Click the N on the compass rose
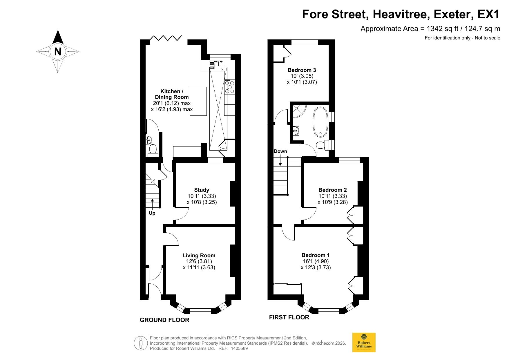[x=58, y=51]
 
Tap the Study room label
[x=202, y=190]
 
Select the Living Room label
[x=199, y=255]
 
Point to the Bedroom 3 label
[x=302, y=70]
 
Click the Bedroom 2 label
[x=333, y=190]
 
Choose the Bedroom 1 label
[x=316, y=255]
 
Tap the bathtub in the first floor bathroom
[x=320, y=122]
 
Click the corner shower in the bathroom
[x=298, y=111]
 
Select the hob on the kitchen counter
[x=230, y=87]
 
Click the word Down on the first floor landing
[x=280, y=151]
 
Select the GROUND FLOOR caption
[x=164, y=320]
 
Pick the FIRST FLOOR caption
[x=289, y=317]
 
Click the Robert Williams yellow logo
[x=364, y=342]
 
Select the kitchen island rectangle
[x=198, y=101]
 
